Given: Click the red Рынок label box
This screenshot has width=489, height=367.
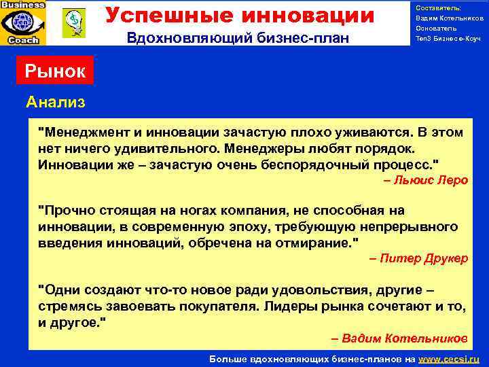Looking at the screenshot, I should point(56,71).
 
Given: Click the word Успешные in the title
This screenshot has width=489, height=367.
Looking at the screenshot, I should point(158,15).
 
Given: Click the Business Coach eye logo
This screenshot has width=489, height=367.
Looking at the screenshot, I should point(23,22).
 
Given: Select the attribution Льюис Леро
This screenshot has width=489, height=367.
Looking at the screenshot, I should point(426,180).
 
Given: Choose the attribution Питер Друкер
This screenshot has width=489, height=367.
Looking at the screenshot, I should point(419,258).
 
